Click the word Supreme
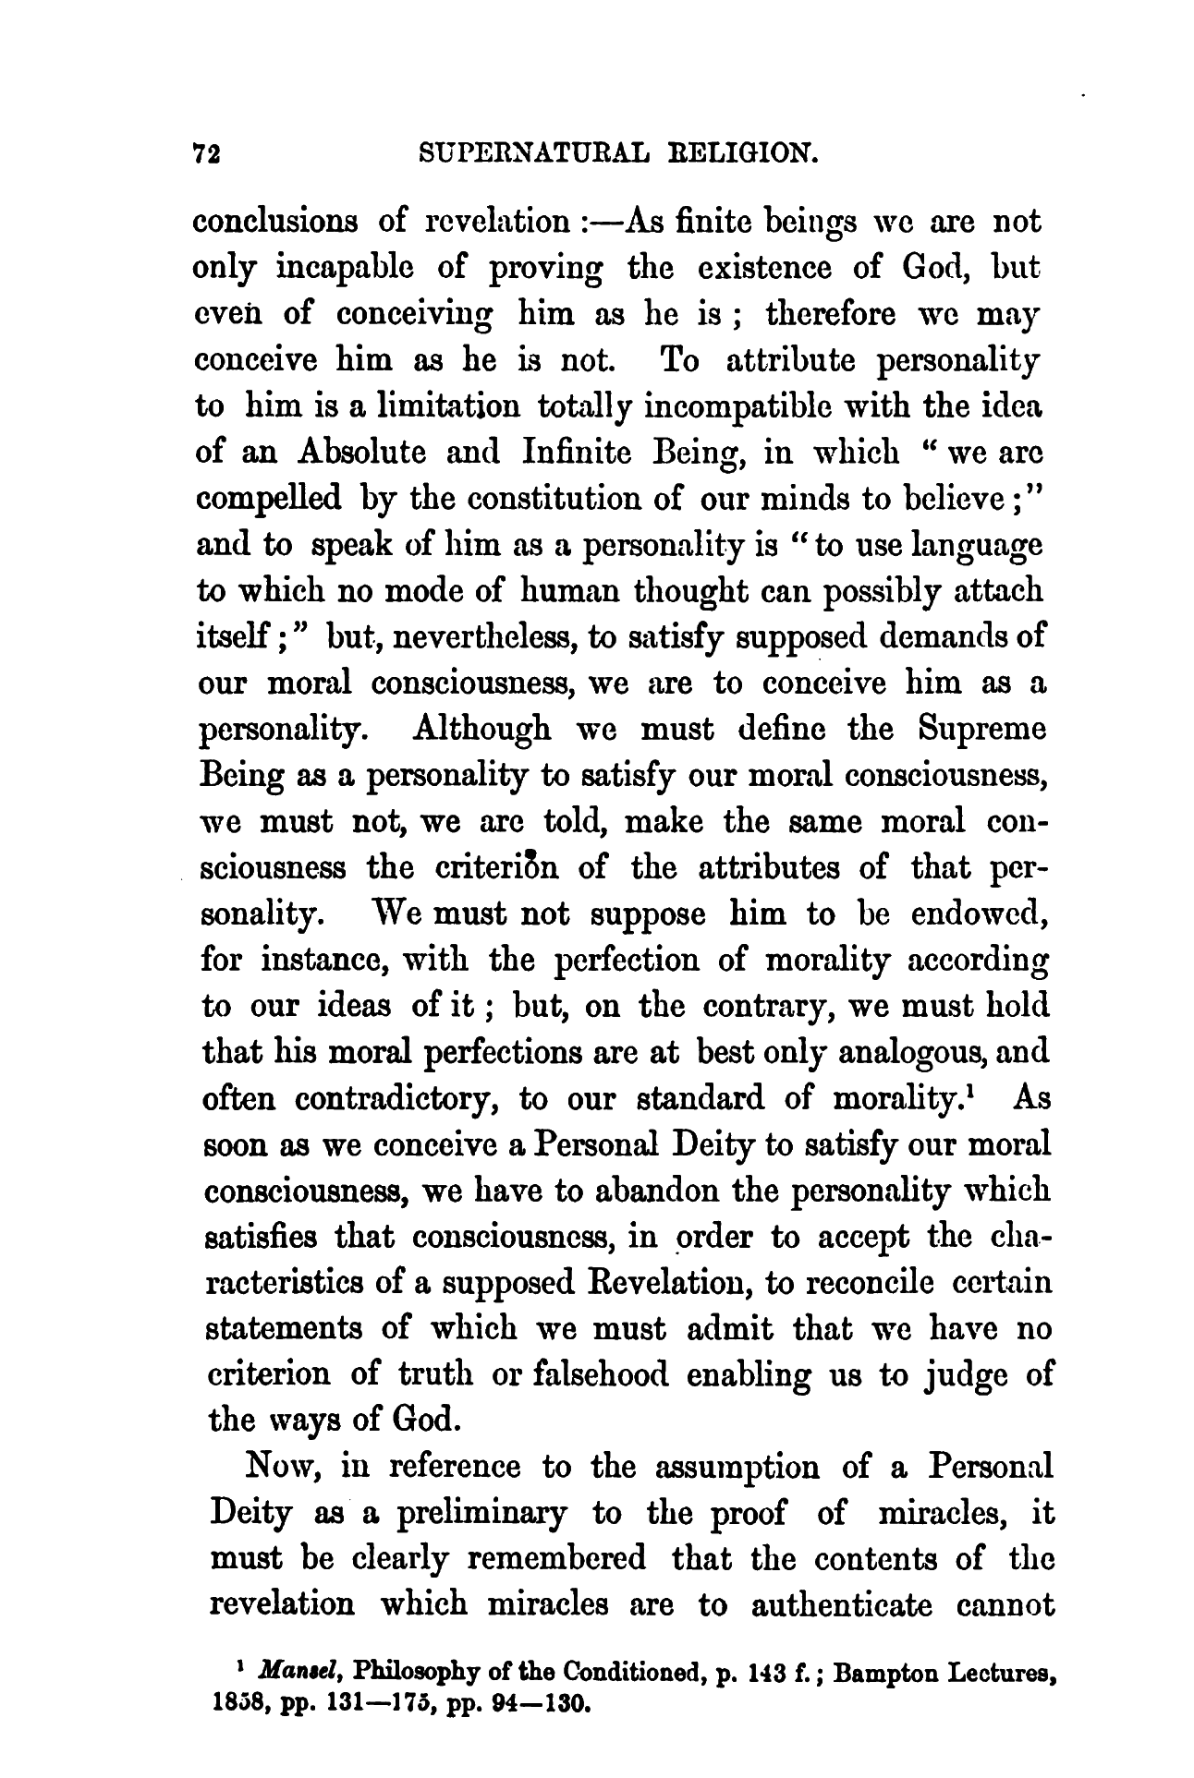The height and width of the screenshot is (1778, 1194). [983, 730]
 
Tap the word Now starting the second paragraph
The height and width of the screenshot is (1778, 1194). [283, 1467]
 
